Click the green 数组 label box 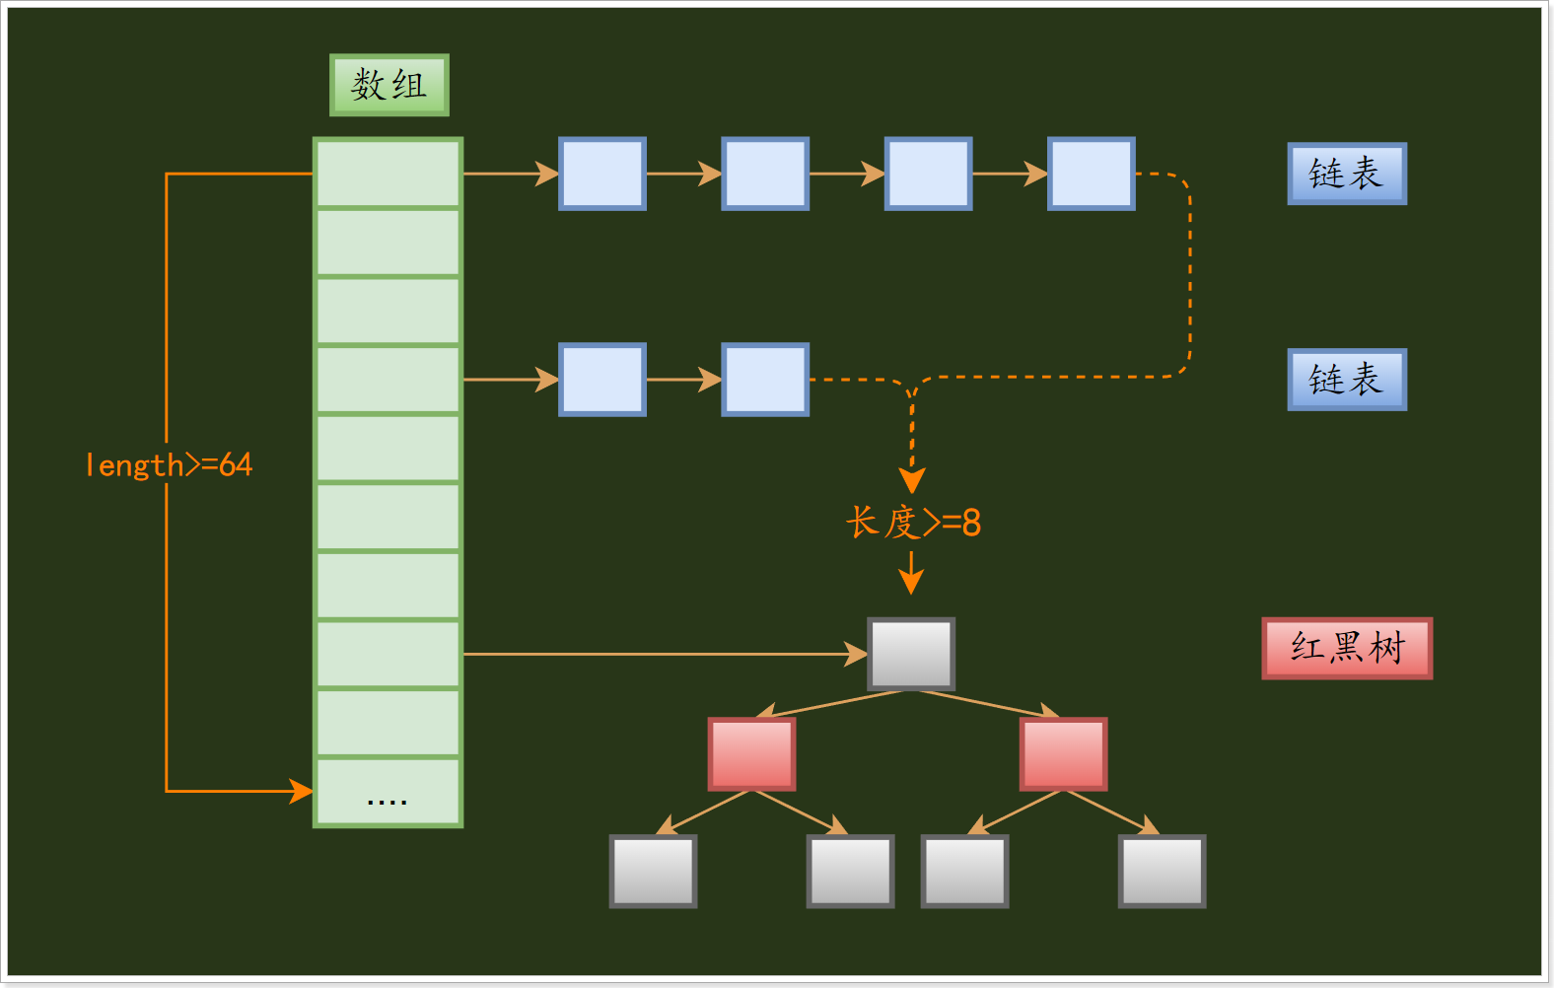pyautogui.click(x=388, y=85)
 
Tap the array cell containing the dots pyautogui.click(x=388, y=792)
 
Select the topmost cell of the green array pyautogui.click(x=388, y=174)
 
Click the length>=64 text pyautogui.click(x=169, y=464)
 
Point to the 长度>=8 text pyautogui.click(x=913, y=522)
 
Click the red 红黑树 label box pyautogui.click(x=1347, y=648)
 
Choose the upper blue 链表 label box pyautogui.click(x=1347, y=174)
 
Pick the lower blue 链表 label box pyautogui.click(x=1347, y=380)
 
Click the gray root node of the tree pyautogui.click(x=911, y=654)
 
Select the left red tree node pyautogui.click(x=751, y=754)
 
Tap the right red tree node pyautogui.click(x=1063, y=754)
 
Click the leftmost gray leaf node pyautogui.click(x=653, y=872)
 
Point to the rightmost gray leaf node pyautogui.click(x=1162, y=872)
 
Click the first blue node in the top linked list pyautogui.click(x=602, y=174)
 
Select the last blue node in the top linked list pyautogui.click(x=1092, y=174)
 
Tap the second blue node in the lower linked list pyautogui.click(x=765, y=380)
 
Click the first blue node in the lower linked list pyautogui.click(x=602, y=380)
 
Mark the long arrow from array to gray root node pyautogui.click(x=661, y=654)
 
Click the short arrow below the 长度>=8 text pyautogui.click(x=911, y=573)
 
